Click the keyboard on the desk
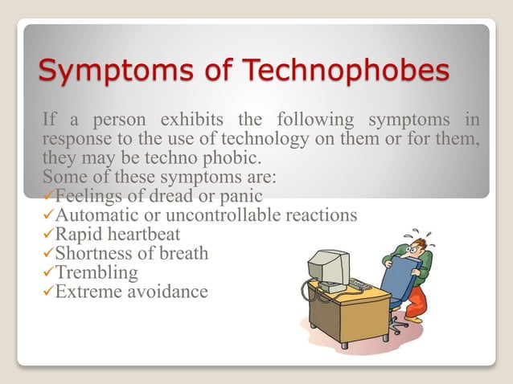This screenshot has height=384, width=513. click(361, 285)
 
